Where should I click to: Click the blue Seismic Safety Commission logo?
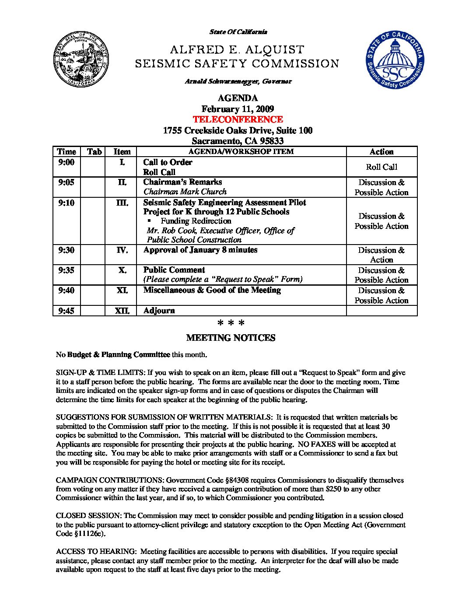(395, 59)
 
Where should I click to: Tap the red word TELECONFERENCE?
(238, 119)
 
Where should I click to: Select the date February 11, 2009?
(238, 109)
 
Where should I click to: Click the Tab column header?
(94, 152)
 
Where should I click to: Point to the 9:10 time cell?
(66, 203)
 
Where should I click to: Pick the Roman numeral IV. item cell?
(122, 250)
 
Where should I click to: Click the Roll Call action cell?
(381, 167)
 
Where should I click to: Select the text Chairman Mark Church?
(185, 192)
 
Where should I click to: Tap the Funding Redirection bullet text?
(196, 221)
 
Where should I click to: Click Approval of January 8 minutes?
(200, 250)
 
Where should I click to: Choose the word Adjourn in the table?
(159, 311)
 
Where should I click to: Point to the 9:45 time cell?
(66, 311)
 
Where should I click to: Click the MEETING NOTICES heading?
(231, 338)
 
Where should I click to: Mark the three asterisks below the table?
(231, 324)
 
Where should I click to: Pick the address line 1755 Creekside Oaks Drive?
(238, 130)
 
